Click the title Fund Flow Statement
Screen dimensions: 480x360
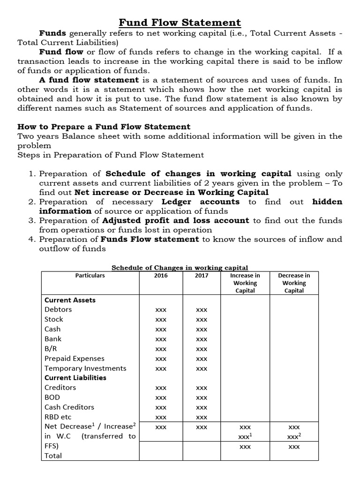180,22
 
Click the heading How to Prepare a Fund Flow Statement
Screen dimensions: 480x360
104,127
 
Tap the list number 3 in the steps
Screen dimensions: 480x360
32,220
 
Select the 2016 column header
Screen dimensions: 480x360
161,276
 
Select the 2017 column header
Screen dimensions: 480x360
202,276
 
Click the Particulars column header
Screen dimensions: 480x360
90,276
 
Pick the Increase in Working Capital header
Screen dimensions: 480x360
245,283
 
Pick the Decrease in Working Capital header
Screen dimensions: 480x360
294,283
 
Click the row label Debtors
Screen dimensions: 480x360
58,309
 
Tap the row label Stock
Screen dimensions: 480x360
53,319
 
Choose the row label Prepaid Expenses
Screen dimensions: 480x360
75,358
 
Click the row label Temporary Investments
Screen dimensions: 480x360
85,368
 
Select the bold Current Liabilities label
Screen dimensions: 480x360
75,377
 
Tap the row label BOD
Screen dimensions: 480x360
52,397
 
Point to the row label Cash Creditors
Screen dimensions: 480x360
69,407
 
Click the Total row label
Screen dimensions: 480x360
53,455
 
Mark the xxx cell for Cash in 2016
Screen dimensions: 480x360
161,330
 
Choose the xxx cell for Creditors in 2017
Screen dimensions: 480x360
202,388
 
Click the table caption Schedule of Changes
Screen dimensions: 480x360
180,268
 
